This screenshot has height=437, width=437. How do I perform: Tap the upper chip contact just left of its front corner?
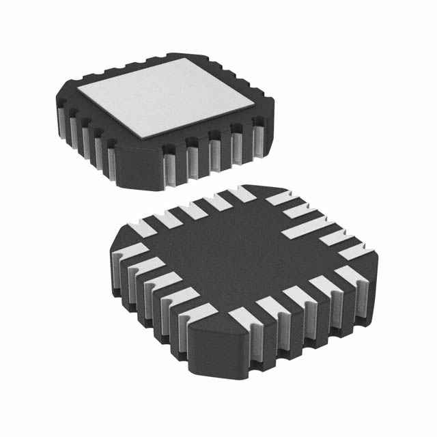click(x=111, y=163)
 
